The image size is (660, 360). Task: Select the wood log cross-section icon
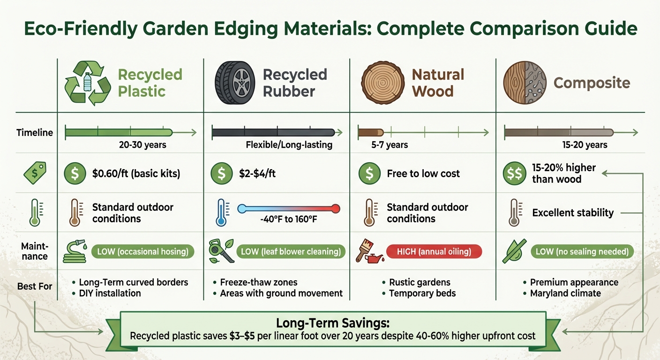click(x=382, y=83)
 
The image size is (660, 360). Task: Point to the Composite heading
click(x=592, y=83)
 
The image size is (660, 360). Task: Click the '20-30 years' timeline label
click(x=142, y=145)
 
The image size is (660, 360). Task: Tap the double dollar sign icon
click(x=514, y=174)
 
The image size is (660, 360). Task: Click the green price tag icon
click(x=34, y=173)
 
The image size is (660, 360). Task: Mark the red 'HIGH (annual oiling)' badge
click(x=434, y=252)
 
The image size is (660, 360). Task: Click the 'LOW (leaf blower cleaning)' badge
click(x=291, y=252)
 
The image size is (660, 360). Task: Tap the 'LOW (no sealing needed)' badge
click(x=582, y=252)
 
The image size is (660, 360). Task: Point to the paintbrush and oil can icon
click(x=367, y=251)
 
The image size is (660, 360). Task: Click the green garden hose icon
click(x=75, y=251)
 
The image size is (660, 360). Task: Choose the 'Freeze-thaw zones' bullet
click(x=258, y=282)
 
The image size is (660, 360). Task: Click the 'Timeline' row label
click(x=35, y=133)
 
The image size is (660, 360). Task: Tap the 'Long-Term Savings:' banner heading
click(x=333, y=323)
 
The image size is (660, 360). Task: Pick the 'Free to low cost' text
click(x=423, y=174)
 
